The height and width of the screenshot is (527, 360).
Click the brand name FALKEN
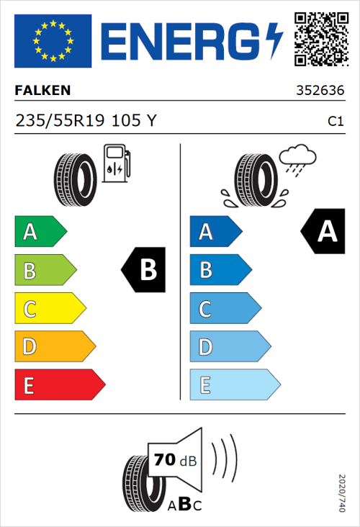tap(42, 91)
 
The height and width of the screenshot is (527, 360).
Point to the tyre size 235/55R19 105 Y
tap(86, 121)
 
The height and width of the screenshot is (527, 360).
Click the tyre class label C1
tap(335, 122)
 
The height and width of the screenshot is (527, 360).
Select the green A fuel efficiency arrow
tap(40, 232)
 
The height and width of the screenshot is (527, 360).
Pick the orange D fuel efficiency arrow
tap(54, 347)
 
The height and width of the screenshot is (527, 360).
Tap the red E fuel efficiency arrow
tap(59, 385)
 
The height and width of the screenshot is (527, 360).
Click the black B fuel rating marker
tap(144, 270)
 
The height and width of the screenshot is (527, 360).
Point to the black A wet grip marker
tap(323, 231)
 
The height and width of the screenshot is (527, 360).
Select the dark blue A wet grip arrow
tap(215, 232)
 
